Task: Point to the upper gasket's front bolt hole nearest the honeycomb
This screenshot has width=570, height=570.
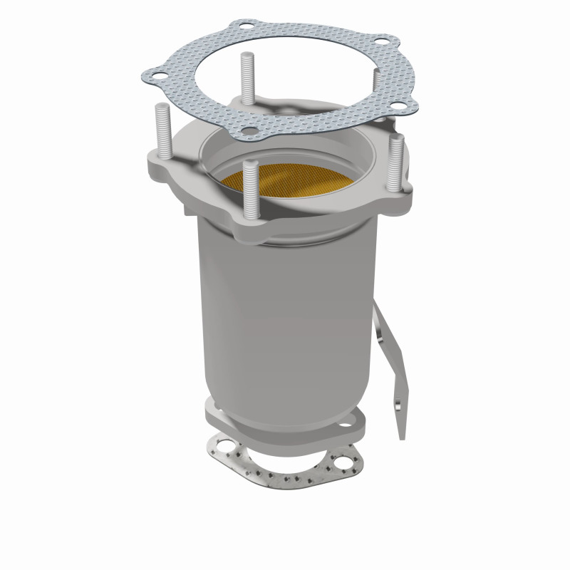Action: (249, 130)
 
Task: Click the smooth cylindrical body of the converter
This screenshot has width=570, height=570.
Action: (285, 313)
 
